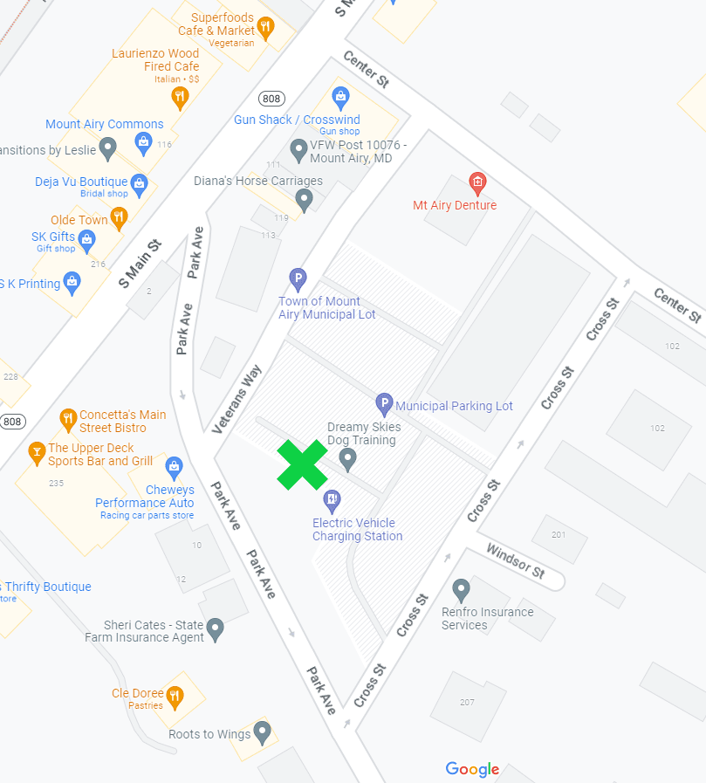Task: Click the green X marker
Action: pyautogui.click(x=302, y=464)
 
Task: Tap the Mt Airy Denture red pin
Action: pyautogui.click(x=476, y=183)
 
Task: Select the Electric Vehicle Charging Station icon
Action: pyautogui.click(x=332, y=500)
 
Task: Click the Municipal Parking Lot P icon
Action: pyautogui.click(x=384, y=404)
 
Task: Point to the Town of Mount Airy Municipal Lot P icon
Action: pyautogui.click(x=298, y=279)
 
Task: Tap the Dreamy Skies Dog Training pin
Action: pyautogui.click(x=347, y=458)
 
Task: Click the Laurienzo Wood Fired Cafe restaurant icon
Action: pyautogui.click(x=180, y=96)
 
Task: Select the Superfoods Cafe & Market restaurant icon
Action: pyautogui.click(x=265, y=26)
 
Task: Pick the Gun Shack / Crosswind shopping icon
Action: pyautogui.click(x=340, y=96)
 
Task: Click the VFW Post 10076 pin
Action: pyautogui.click(x=298, y=150)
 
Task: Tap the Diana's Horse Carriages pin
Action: pyautogui.click(x=304, y=199)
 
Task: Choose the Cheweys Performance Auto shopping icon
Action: pyautogui.click(x=174, y=467)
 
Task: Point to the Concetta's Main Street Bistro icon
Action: pyautogui.click(x=68, y=420)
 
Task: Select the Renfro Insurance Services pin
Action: pyautogui.click(x=461, y=589)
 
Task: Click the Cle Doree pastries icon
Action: pyautogui.click(x=175, y=696)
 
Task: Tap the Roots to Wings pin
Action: pyautogui.click(x=263, y=731)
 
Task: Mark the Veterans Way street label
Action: pyautogui.click(x=237, y=399)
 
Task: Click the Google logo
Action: pyautogui.click(x=472, y=769)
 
